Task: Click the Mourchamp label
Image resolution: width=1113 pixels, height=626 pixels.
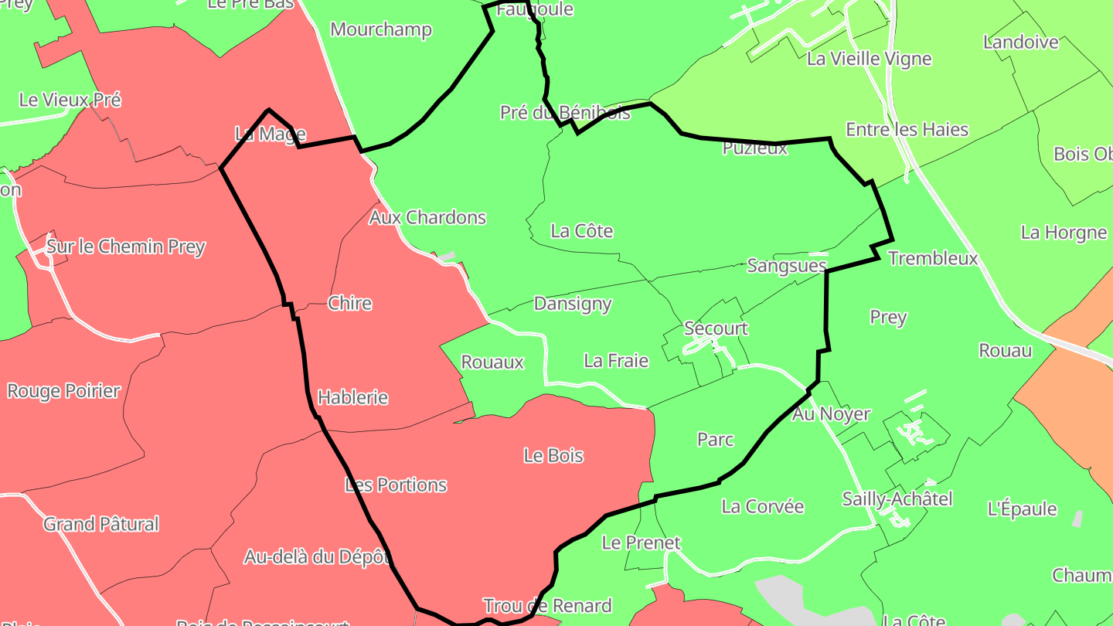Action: pyautogui.click(x=381, y=29)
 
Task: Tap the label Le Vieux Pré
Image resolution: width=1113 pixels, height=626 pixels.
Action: pyautogui.click(x=70, y=100)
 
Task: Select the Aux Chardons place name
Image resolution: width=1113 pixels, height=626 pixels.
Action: pyautogui.click(x=427, y=217)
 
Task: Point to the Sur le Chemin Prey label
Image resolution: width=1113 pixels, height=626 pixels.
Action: pyautogui.click(x=126, y=247)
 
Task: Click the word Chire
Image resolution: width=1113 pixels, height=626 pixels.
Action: pyautogui.click(x=349, y=303)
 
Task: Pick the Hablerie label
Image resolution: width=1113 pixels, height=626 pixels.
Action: pyautogui.click(x=352, y=397)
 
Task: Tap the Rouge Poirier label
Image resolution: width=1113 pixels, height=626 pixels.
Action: pyautogui.click(x=64, y=390)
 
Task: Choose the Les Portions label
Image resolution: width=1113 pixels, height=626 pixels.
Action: pyautogui.click(x=396, y=485)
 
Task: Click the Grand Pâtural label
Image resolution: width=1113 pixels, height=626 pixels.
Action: pyautogui.click(x=101, y=524)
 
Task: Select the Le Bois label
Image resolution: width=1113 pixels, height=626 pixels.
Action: pyautogui.click(x=553, y=455)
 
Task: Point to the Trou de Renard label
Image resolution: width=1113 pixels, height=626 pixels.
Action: pyautogui.click(x=547, y=605)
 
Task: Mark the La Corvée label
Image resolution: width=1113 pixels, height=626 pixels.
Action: pyautogui.click(x=763, y=506)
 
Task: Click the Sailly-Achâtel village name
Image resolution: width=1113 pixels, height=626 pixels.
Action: pyautogui.click(x=897, y=498)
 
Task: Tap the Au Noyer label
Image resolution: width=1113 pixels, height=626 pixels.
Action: pyautogui.click(x=832, y=414)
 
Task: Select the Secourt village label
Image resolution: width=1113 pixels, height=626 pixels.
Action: pyautogui.click(x=716, y=328)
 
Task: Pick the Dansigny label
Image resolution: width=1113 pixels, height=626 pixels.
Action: pyautogui.click(x=573, y=304)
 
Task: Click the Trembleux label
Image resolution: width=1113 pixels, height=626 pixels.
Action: pyautogui.click(x=933, y=258)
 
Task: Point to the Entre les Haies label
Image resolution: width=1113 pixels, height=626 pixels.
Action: pyautogui.click(x=907, y=129)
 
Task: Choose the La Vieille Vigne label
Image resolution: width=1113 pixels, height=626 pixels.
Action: pyautogui.click(x=869, y=59)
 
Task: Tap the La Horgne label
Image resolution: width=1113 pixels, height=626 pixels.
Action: pyautogui.click(x=1064, y=232)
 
